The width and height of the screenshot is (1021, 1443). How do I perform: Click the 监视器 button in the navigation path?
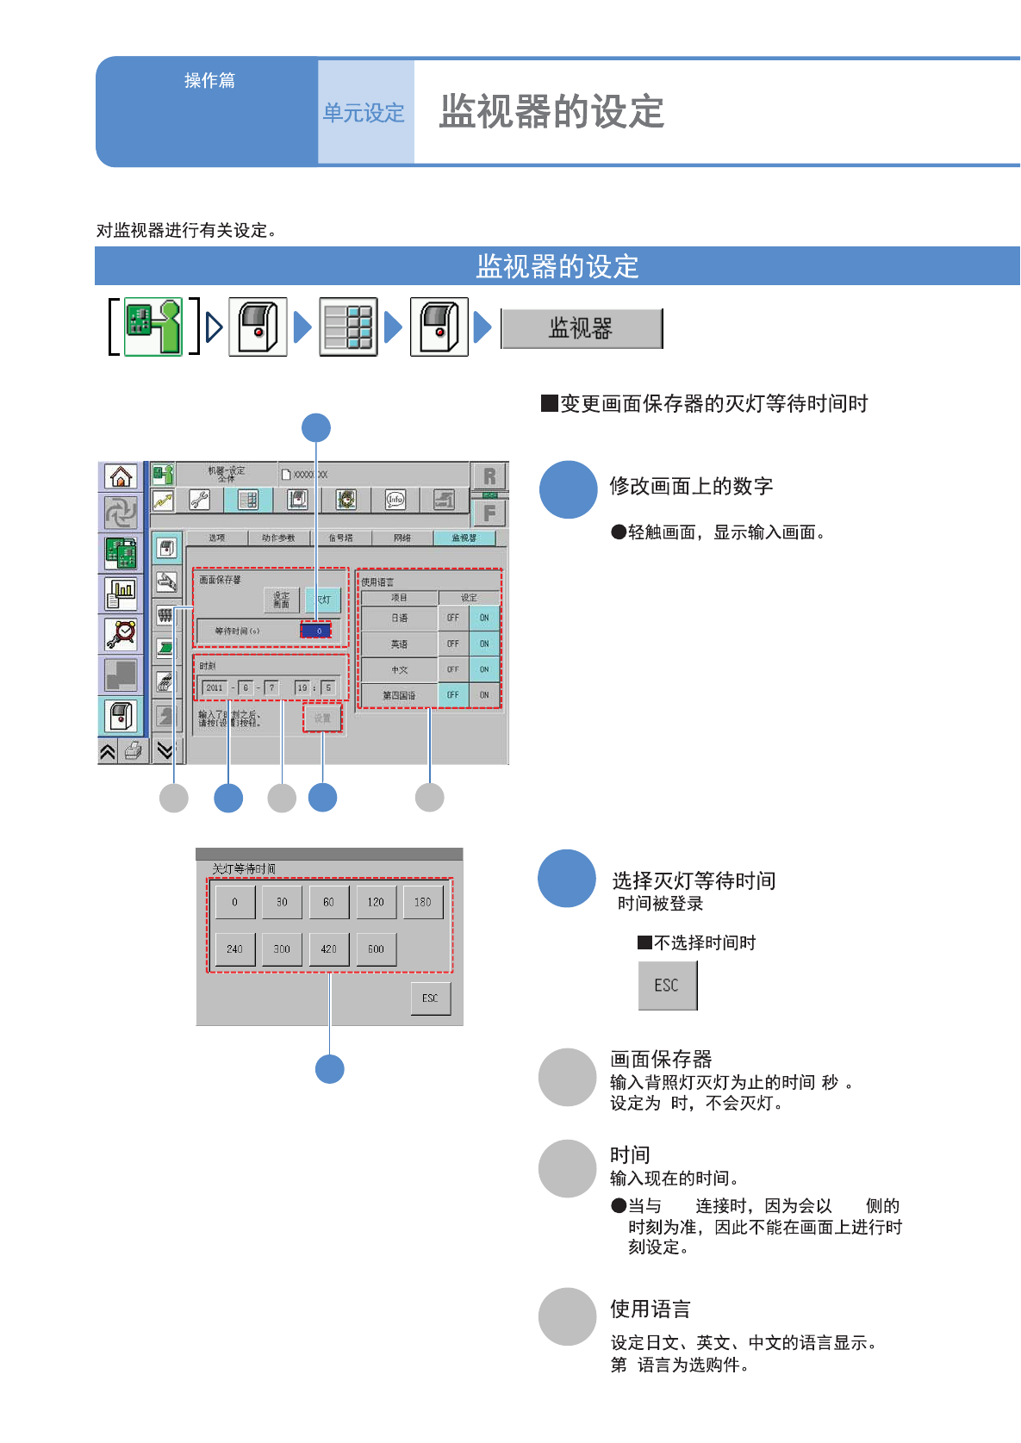582,328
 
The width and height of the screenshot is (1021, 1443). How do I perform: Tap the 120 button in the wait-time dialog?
376,902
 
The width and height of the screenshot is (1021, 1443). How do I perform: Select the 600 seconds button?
376,949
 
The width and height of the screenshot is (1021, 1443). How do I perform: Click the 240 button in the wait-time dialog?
234,949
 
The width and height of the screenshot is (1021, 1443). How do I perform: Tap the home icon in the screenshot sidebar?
121,476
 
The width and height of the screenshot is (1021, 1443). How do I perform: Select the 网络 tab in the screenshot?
402,538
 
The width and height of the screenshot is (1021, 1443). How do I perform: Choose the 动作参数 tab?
277,538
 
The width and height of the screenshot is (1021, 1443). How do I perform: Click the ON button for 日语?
484,618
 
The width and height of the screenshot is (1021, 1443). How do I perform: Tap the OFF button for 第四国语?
453,694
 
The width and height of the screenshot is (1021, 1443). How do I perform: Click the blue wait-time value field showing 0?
316,631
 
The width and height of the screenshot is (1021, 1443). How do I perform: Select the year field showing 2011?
215,687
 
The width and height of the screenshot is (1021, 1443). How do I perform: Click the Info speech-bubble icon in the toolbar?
395,500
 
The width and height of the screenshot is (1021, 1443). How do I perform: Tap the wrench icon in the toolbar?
200,500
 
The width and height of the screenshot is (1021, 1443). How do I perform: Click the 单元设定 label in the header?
364,113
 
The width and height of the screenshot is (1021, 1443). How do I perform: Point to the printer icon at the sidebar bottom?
134,750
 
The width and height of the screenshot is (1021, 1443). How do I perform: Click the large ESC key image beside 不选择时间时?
667,986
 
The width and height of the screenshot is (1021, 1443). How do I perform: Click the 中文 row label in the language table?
399,669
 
